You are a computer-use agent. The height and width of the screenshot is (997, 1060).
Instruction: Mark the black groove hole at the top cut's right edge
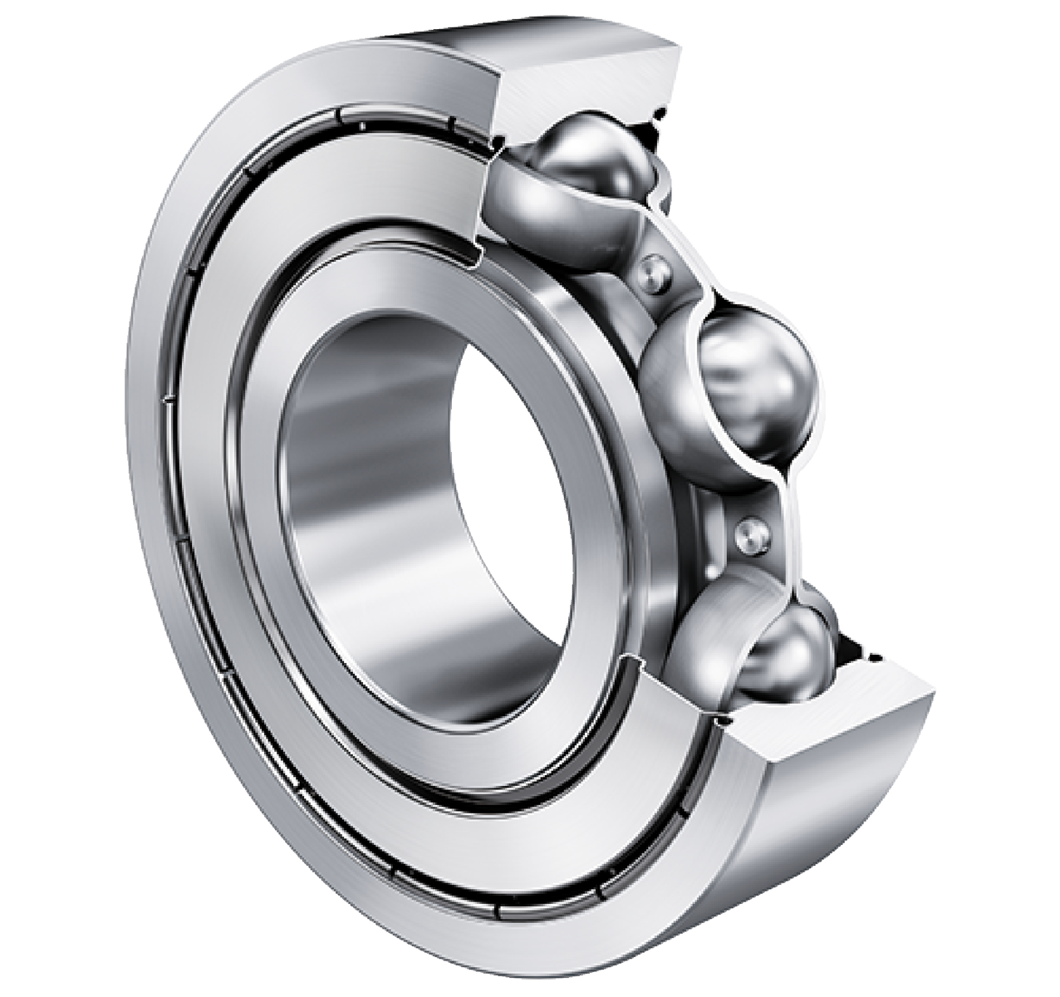click(x=661, y=110)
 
